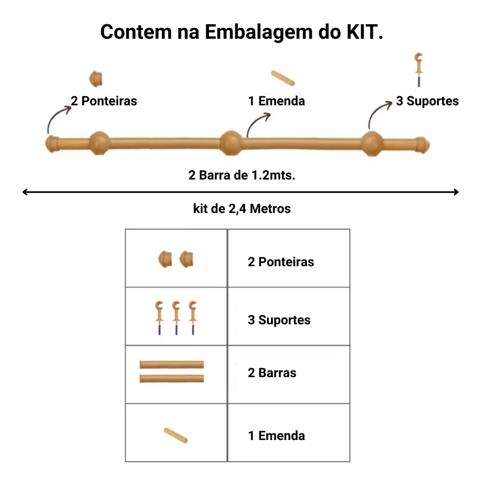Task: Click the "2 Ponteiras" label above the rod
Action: [104, 101]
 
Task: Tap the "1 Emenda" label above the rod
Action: [277, 101]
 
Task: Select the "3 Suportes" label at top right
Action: [427, 101]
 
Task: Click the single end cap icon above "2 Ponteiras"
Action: [96, 78]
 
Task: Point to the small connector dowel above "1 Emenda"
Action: [283, 78]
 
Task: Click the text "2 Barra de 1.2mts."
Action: [242, 175]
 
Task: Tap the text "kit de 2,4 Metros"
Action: [242, 208]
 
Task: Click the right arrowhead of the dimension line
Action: [456, 192]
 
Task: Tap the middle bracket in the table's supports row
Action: [176, 317]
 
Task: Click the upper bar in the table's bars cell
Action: [172, 364]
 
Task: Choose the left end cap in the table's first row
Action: [165, 259]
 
